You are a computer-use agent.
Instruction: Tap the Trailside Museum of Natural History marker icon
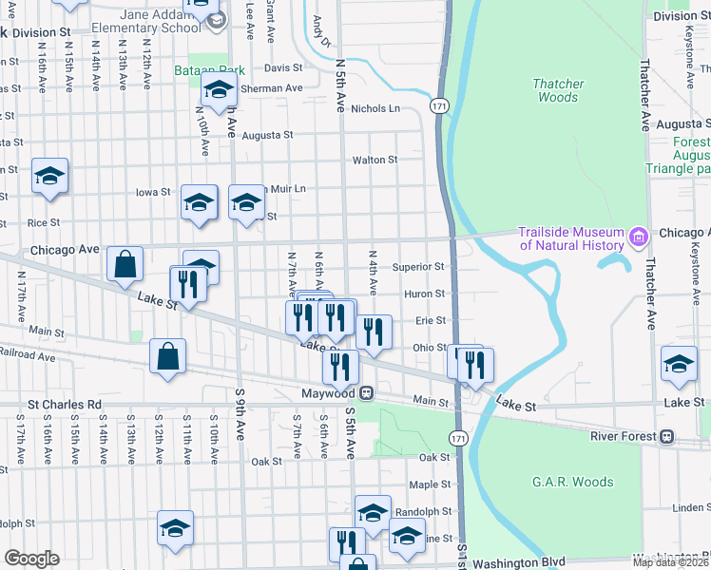click(x=640, y=234)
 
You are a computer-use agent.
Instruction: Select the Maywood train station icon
click(x=365, y=392)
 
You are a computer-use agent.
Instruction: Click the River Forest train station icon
click(x=667, y=436)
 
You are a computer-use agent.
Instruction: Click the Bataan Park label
click(x=209, y=70)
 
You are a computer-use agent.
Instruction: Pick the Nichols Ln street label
click(x=375, y=108)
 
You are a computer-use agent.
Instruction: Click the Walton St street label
click(x=375, y=160)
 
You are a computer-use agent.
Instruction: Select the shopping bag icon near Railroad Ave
click(x=167, y=357)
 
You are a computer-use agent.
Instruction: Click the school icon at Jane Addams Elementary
click(x=219, y=20)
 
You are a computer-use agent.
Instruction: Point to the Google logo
click(x=31, y=559)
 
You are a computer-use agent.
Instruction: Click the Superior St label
click(x=418, y=268)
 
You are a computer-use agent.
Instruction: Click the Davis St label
click(x=282, y=68)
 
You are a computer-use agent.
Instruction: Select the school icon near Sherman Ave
click(x=219, y=92)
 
